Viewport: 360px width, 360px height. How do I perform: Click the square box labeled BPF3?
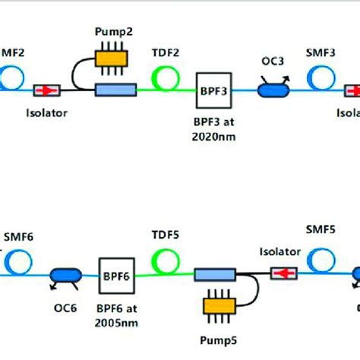pos(213,90)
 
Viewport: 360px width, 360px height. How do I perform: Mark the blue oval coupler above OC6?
pos(65,275)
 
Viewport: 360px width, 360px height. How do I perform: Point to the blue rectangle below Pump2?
pos(115,90)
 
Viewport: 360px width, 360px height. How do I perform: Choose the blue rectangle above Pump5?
pos(217,274)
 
